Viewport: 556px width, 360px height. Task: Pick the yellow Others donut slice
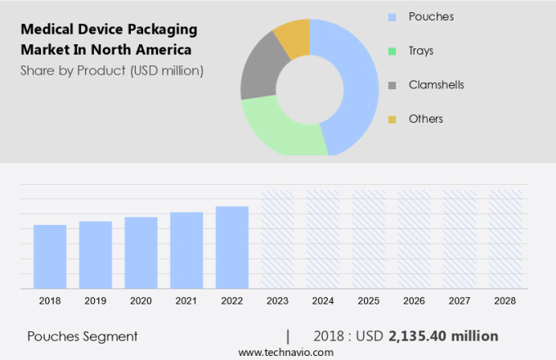click(294, 37)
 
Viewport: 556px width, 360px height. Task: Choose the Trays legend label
click(421, 51)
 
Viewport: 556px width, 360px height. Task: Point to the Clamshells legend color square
click(392, 85)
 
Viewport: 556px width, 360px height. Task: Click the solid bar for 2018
click(50, 256)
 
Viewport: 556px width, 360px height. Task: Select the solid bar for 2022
click(232, 247)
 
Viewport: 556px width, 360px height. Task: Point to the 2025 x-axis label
click(368, 301)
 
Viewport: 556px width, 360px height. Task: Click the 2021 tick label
click(186, 301)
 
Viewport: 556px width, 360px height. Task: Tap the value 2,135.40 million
click(443, 336)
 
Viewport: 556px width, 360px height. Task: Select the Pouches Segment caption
click(83, 336)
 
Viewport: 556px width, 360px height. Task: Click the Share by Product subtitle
click(112, 70)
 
